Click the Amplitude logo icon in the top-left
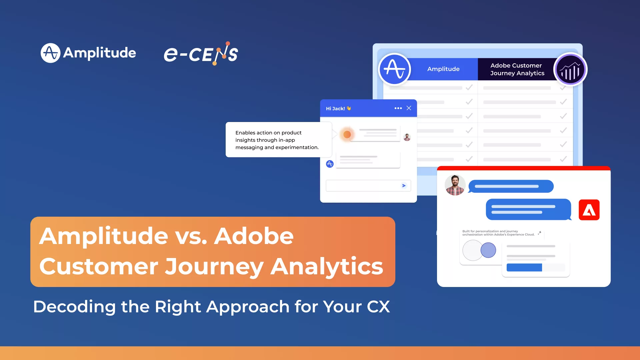tap(50, 53)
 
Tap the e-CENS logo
tap(201, 54)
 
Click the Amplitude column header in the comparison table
tap(443, 69)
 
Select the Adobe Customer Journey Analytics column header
tap(517, 69)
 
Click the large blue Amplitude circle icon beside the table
tap(395, 69)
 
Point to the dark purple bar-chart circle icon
tap(570, 70)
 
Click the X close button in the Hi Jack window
tap(409, 108)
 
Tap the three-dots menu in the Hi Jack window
tap(398, 108)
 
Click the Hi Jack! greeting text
tap(335, 109)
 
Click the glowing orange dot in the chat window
tap(347, 134)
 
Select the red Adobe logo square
tap(589, 210)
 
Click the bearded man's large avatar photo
tap(455, 185)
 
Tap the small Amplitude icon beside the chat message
tap(330, 164)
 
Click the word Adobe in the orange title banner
tap(254, 236)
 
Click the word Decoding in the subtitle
tap(74, 307)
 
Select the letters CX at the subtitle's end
tap(378, 307)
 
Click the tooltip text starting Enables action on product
tap(277, 140)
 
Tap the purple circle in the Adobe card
tap(488, 250)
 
